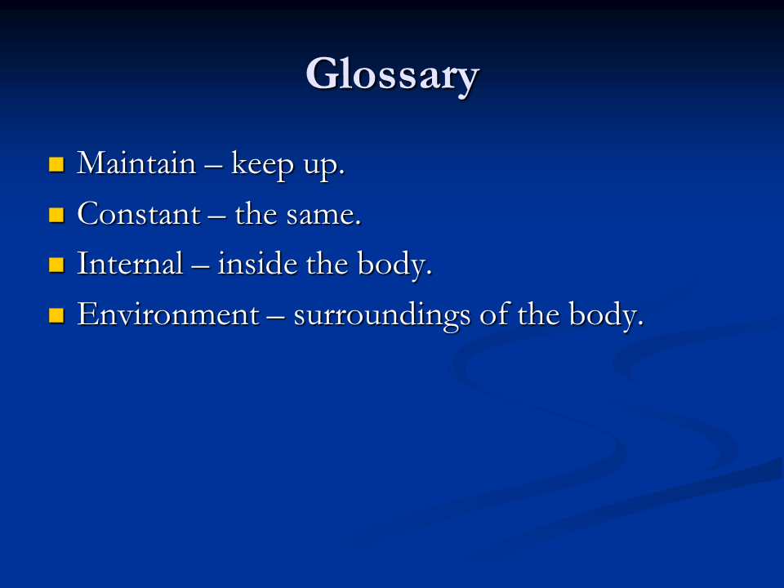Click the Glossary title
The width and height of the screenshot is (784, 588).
(393, 75)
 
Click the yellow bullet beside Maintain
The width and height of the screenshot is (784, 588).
(56, 164)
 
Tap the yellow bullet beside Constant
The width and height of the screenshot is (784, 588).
(56, 215)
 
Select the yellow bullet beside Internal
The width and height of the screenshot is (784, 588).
(56, 265)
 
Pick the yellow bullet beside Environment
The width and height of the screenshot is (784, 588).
(56, 315)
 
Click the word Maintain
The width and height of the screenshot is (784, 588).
(136, 163)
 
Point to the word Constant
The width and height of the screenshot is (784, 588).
(139, 214)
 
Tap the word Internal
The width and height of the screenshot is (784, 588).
(130, 264)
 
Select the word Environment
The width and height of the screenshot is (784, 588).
(168, 314)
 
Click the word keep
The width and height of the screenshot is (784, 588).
(262, 165)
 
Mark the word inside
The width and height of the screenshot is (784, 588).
(257, 264)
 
